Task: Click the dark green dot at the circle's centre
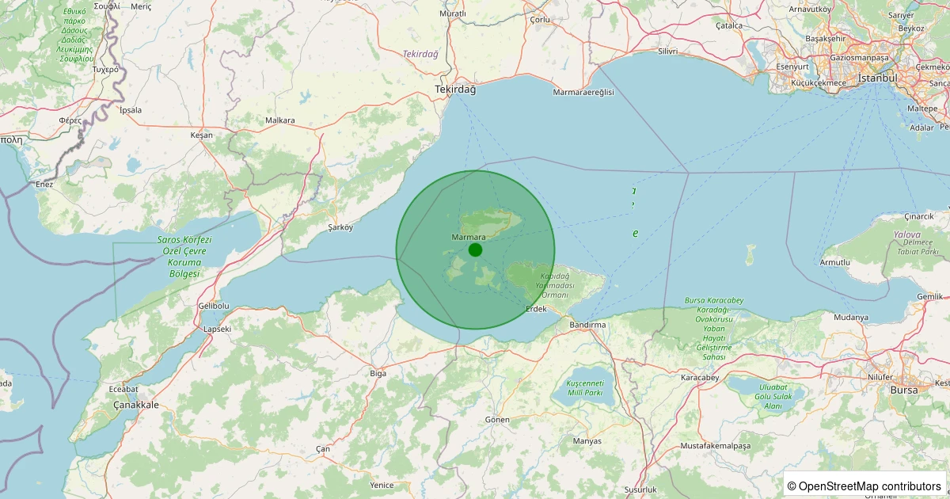coord(475,250)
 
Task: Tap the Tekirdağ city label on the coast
coord(455,90)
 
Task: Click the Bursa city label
coord(904,390)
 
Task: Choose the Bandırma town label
coord(587,325)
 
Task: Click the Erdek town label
coord(536,308)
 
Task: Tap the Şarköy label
coord(340,227)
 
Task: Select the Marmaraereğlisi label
coord(583,93)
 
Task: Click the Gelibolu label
coord(213,306)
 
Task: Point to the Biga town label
coord(378,372)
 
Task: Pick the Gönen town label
coord(497,418)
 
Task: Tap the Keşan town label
coord(202,135)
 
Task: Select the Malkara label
coord(280,120)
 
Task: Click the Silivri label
coord(668,51)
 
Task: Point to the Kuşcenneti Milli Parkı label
coord(585,388)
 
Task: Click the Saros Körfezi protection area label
coord(184,256)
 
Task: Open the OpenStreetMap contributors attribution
coord(864,486)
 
